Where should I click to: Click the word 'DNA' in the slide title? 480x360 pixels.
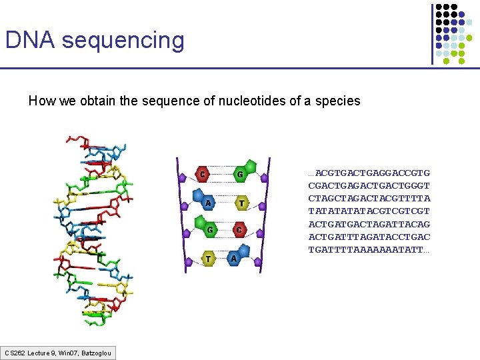[x=31, y=40]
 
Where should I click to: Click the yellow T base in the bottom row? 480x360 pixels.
[x=208, y=258]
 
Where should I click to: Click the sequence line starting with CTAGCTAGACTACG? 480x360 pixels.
[x=369, y=199]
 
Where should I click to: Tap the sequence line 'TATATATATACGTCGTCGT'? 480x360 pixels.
[x=369, y=211]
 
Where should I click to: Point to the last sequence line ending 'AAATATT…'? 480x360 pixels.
[x=369, y=250]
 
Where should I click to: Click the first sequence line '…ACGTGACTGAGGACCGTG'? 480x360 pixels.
[x=369, y=173]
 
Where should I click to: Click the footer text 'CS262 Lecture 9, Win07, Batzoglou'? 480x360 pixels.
[x=58, y=352]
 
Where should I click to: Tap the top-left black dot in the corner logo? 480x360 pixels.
[x=439, y=7]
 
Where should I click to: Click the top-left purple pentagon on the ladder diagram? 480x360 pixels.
[x=182, y=178]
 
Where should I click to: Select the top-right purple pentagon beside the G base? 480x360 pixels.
[x=264, y=178]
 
